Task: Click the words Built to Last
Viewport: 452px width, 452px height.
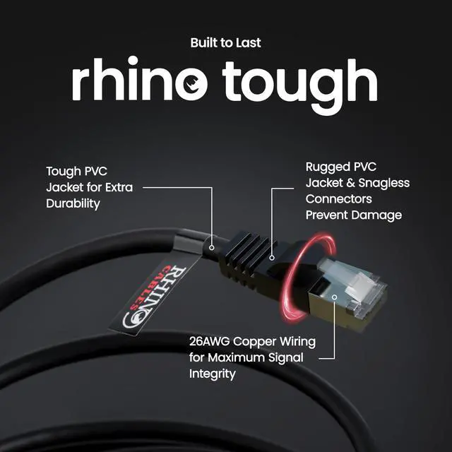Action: [225, 43]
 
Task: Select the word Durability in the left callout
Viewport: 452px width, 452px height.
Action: [73, 203]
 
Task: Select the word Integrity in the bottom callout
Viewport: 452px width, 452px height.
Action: [212, 373]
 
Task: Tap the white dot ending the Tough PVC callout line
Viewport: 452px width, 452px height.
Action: [212, 248]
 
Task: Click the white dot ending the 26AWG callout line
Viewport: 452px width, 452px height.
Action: [334, 298]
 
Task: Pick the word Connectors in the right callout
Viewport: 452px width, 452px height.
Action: [338, 199]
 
